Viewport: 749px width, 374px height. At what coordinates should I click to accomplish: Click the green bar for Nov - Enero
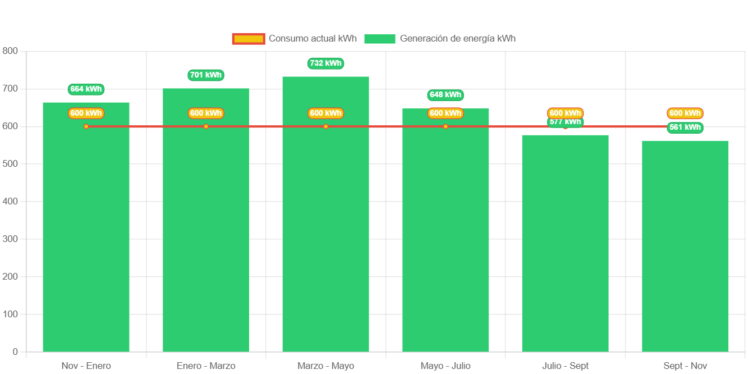[x=86, y=236]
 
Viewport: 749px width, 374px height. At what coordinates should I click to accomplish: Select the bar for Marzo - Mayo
[x=325, y=225]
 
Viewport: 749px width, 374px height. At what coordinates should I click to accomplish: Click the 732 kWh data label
[x=325, y=63]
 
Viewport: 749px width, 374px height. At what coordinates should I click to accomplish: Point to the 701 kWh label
[x=206, y=75]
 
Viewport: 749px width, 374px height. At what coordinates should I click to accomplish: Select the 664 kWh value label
[x=86, y=89]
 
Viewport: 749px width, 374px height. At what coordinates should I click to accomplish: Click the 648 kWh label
[x=445, y=95]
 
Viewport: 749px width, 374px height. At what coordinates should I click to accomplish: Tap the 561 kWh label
[x=685, y=127]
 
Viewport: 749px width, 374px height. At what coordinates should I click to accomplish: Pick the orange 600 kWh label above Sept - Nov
[x=685, y=113]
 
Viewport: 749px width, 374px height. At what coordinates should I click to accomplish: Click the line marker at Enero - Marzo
[x=206, y=126]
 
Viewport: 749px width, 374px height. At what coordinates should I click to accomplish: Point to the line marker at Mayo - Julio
[x=445, y=126]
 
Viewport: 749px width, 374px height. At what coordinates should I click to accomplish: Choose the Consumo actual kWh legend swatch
[x=248, y=39]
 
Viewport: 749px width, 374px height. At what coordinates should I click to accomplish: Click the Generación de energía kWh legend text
[x=457, y=39]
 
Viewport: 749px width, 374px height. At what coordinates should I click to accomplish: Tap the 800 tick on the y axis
[x=10, y=51]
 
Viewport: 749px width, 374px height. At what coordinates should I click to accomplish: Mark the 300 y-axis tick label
[x=10, y=239]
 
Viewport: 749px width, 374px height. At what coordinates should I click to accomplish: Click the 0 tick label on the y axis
[x=15, y=352]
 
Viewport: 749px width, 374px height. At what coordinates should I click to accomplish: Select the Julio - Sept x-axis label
[x=565, y=366]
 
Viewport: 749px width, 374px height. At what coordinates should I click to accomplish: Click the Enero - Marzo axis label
[x=206, y=366]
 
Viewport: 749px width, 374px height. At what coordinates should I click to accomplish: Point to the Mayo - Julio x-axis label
[x=445, y=366]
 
